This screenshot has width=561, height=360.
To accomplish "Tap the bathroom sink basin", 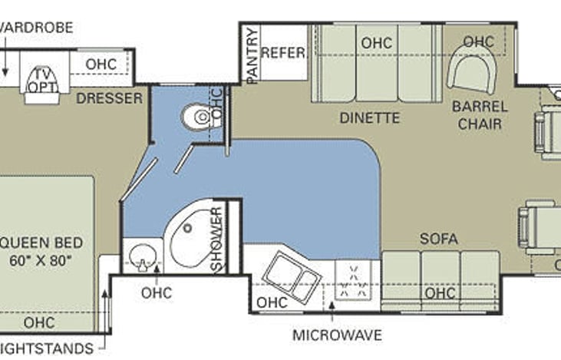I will coord(140,256).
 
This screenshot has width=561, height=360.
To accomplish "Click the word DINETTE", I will coord(370,117).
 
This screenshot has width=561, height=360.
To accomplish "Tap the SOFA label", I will coord(438,239).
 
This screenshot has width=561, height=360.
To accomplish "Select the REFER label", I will coord(283,53).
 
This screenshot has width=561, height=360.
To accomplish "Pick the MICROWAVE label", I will coord(336,335).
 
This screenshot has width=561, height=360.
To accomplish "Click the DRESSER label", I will coord(109,98).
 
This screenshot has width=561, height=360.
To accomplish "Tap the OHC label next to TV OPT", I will coord(101,64).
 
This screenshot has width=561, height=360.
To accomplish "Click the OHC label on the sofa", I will coord(440,293).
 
